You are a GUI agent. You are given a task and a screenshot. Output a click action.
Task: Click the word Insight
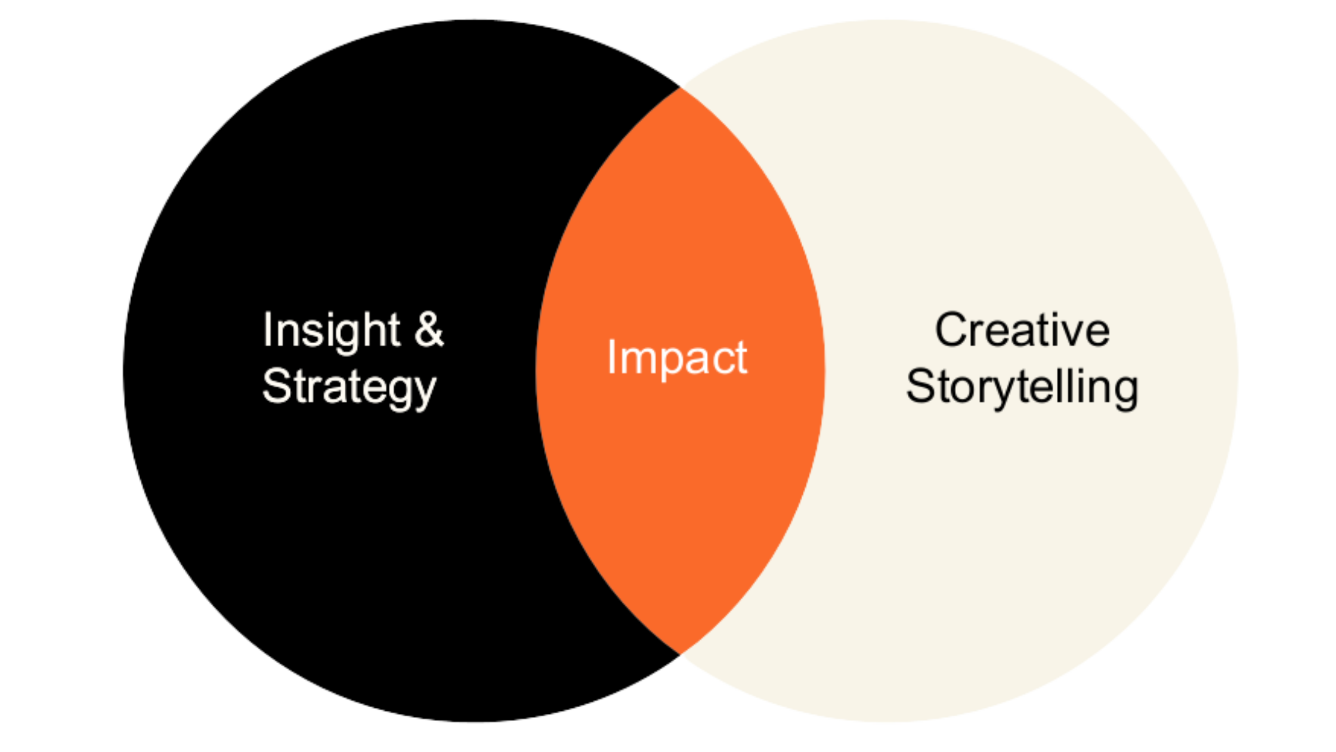(331, 330)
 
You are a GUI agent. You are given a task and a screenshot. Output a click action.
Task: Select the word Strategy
(350, 387)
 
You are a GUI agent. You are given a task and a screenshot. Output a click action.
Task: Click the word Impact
(677, 357)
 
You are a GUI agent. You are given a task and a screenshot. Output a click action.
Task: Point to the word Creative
(1022, 329)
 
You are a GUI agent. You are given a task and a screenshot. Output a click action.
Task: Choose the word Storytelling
(1022, 387)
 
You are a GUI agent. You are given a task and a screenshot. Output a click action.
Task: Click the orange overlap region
(680, 477)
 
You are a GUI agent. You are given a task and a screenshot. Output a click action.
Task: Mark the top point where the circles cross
(680, 87)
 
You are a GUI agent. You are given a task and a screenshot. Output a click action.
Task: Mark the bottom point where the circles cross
(680, 655)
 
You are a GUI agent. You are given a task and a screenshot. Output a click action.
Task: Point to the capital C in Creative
(952, 329)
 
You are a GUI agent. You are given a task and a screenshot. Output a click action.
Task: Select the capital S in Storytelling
(921, 386)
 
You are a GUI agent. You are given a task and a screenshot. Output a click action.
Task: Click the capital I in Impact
(611, 357)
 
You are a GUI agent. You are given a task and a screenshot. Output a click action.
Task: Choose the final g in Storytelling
(1124, 391)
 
